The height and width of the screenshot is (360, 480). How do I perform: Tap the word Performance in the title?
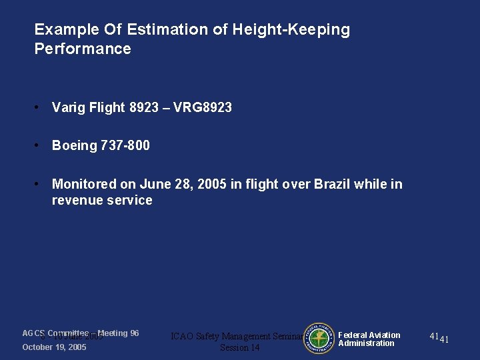[83, 49]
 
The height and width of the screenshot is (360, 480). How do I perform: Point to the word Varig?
[69, 107]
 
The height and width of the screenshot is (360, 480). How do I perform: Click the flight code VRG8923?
[202, 107]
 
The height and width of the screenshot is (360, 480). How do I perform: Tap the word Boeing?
[75, 145]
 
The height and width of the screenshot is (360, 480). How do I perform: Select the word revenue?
[77, 200]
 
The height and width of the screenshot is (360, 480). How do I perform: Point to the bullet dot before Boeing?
[40, 145]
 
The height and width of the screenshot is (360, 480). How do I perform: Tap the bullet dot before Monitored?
[40, 184]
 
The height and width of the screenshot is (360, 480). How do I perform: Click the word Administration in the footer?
[366, 343]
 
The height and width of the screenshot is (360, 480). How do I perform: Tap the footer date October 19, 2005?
[54, 347]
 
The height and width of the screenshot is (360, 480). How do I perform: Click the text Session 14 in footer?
[239, 347]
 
